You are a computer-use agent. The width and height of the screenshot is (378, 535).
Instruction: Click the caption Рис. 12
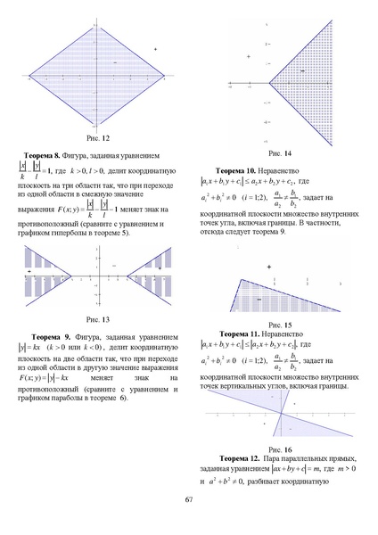coord(97,138)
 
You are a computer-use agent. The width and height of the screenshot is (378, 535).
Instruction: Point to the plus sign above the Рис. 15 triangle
coord(268,267)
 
